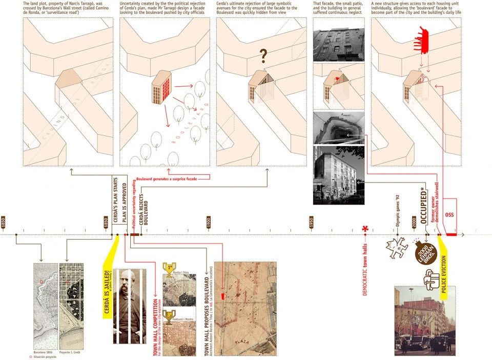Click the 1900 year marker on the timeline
point(209,222)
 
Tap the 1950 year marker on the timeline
point(312,222)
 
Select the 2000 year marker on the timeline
point(414,222)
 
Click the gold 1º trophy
point(169,268)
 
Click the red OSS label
point(449,214)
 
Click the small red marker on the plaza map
point(222,296)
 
